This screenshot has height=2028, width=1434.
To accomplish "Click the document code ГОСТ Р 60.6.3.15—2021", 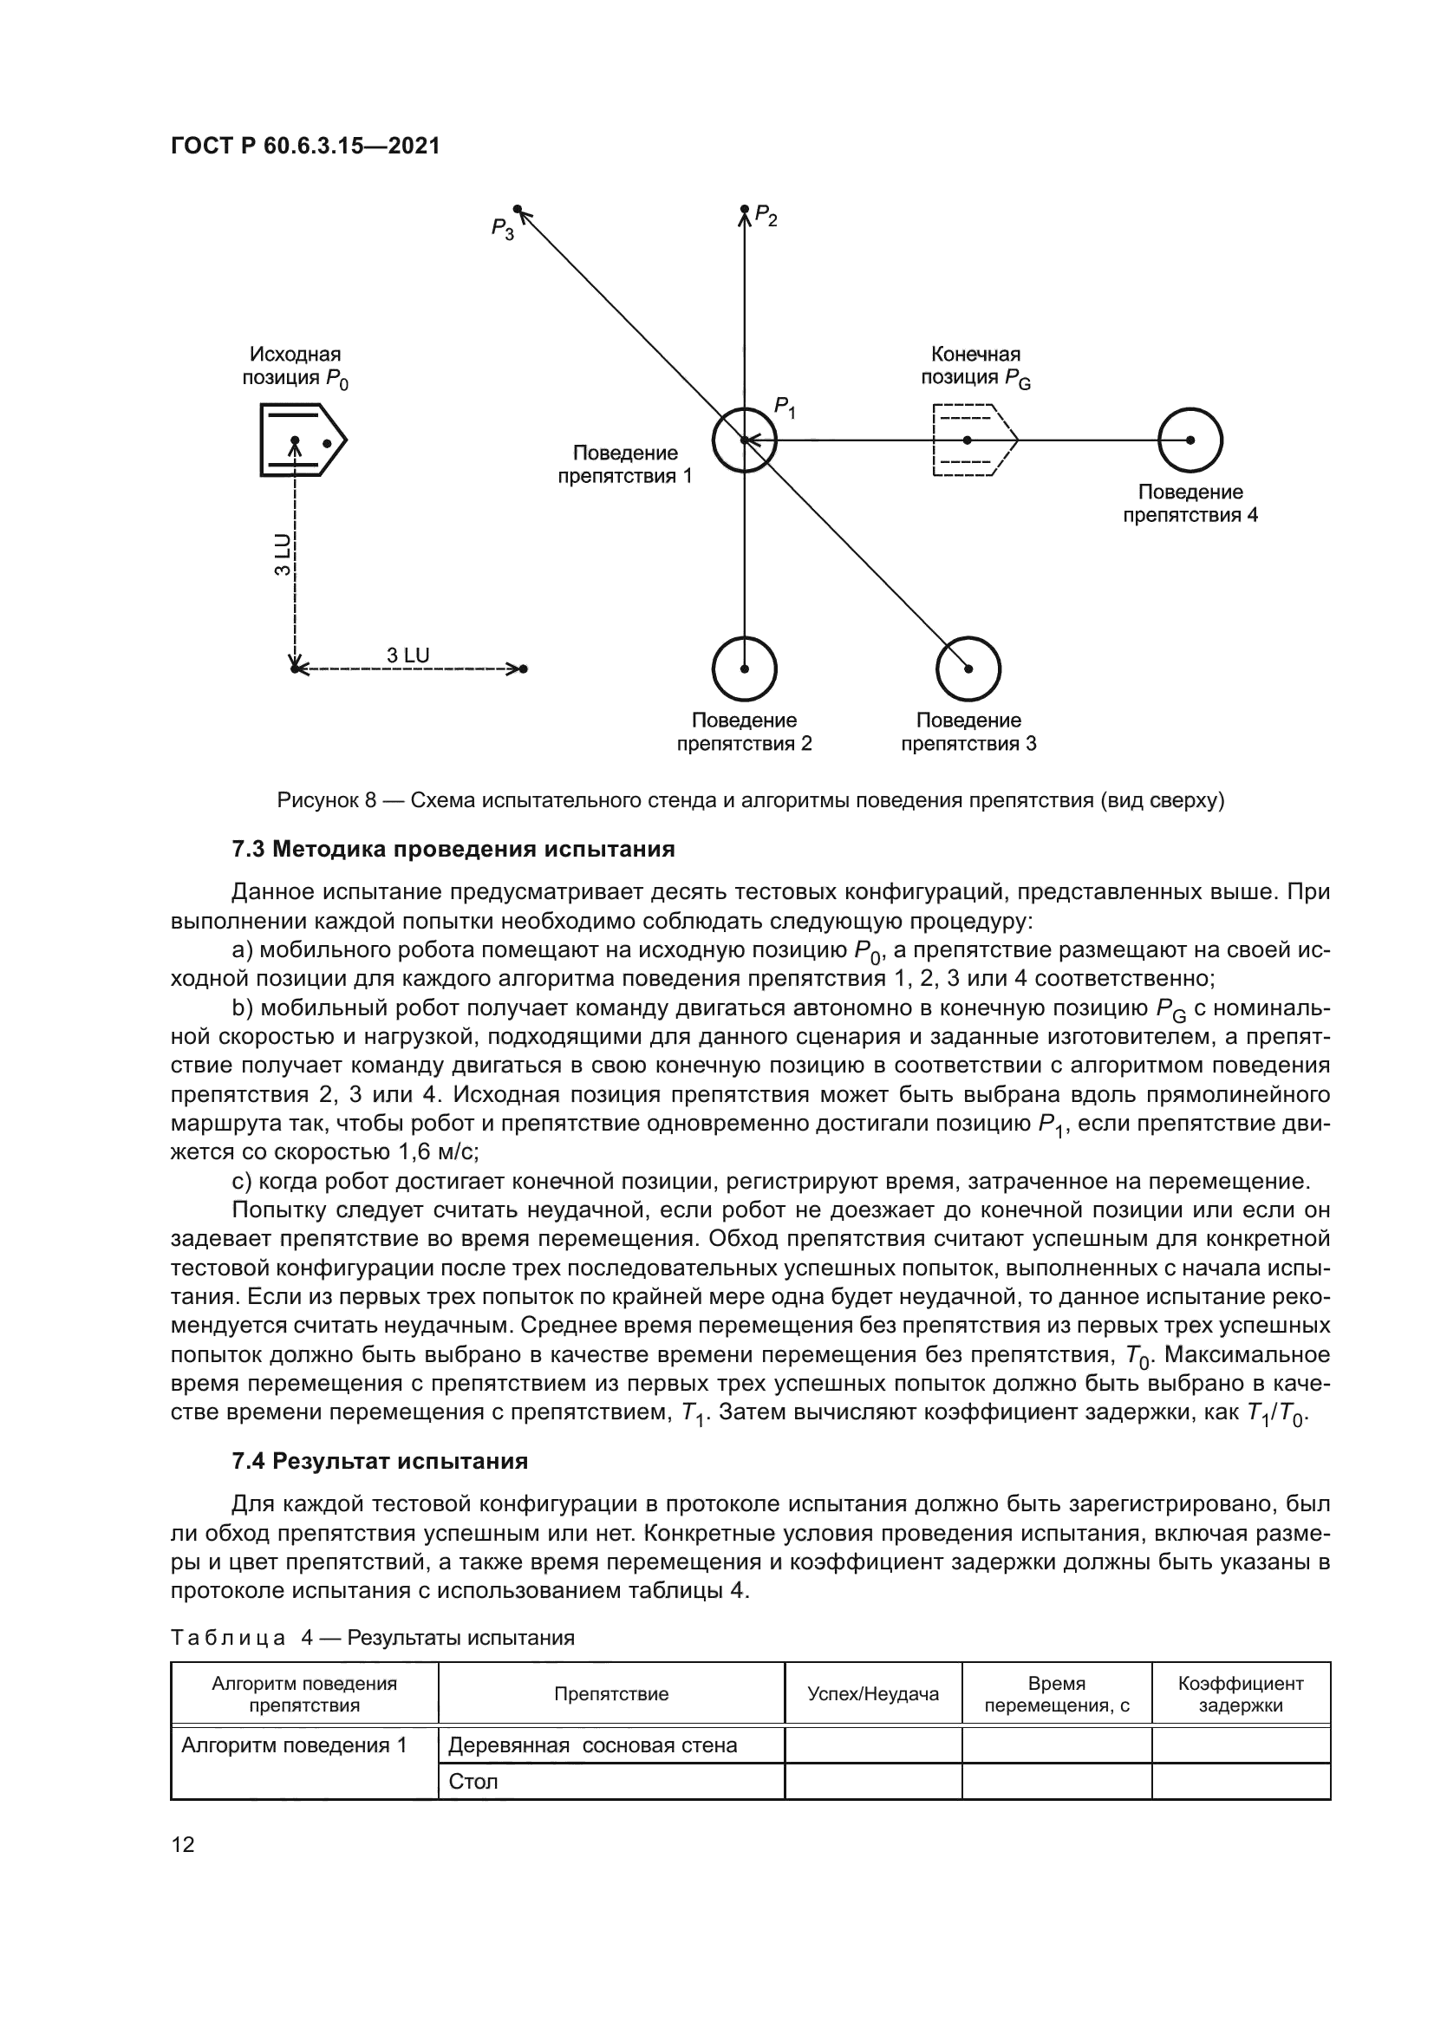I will tap(304, 146).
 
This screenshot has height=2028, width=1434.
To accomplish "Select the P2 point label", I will tap(766, 217).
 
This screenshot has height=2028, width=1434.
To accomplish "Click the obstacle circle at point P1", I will tap(745, 440).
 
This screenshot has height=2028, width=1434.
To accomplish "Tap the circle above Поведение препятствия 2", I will tap(745, 668).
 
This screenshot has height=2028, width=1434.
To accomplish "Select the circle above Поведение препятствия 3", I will tap(968, 668).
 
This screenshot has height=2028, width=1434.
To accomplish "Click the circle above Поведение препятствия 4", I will tap(1190, 440).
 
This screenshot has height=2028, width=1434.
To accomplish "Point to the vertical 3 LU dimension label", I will tap(282, 555).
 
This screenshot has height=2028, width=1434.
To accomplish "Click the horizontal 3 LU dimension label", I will tap(408, 655).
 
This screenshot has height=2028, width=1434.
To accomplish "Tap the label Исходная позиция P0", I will tap(295, 367).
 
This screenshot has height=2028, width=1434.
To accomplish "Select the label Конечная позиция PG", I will tap(974, 367).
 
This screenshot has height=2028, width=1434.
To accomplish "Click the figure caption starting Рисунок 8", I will tap(751, 801).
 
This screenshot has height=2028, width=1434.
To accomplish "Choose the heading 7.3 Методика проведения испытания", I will tap(453, 850).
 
